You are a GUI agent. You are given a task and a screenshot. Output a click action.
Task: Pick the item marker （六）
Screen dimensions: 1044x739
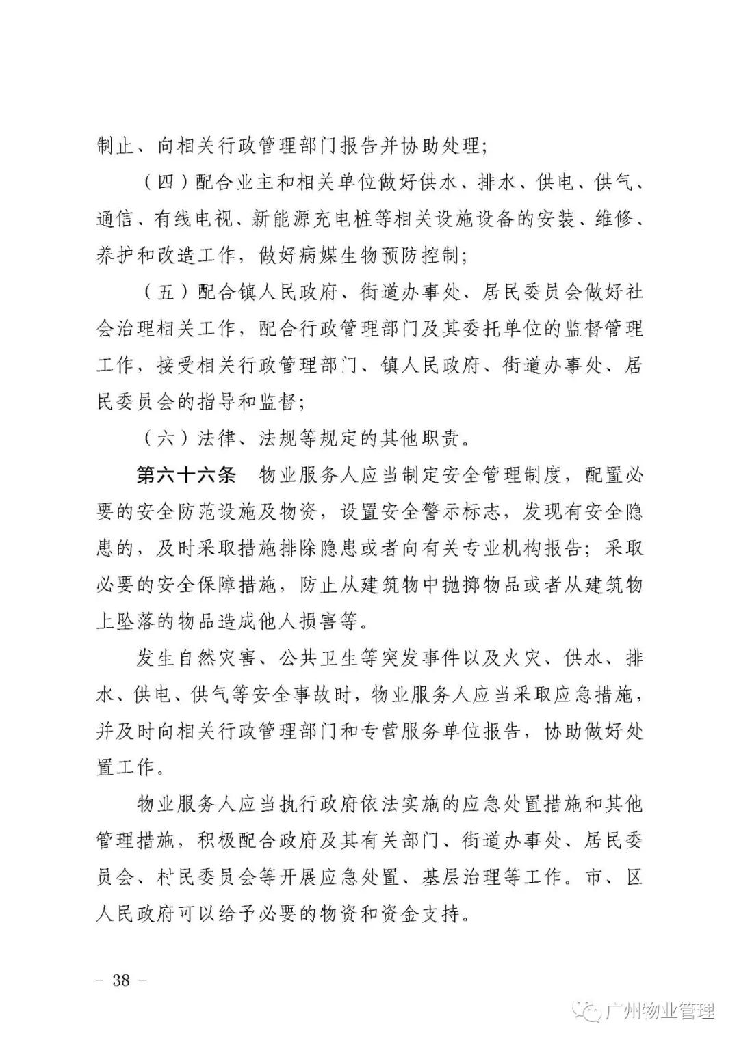[x=157, y=438]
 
